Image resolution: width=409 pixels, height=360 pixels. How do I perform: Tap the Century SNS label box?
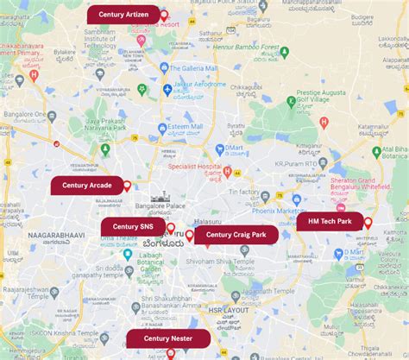[133, 225]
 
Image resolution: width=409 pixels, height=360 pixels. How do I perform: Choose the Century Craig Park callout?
[236, 234]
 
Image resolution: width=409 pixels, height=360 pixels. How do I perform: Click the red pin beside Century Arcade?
[128, 186]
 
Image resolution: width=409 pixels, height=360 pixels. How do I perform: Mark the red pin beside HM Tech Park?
[368, 223]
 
